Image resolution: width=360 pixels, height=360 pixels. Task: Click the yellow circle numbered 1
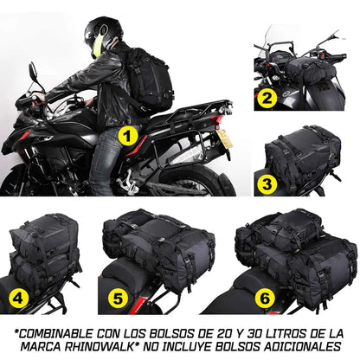pos(127,136)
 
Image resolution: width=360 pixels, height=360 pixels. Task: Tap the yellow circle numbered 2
pos(267,100)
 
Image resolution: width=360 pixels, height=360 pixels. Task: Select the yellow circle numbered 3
pos(267,183)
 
